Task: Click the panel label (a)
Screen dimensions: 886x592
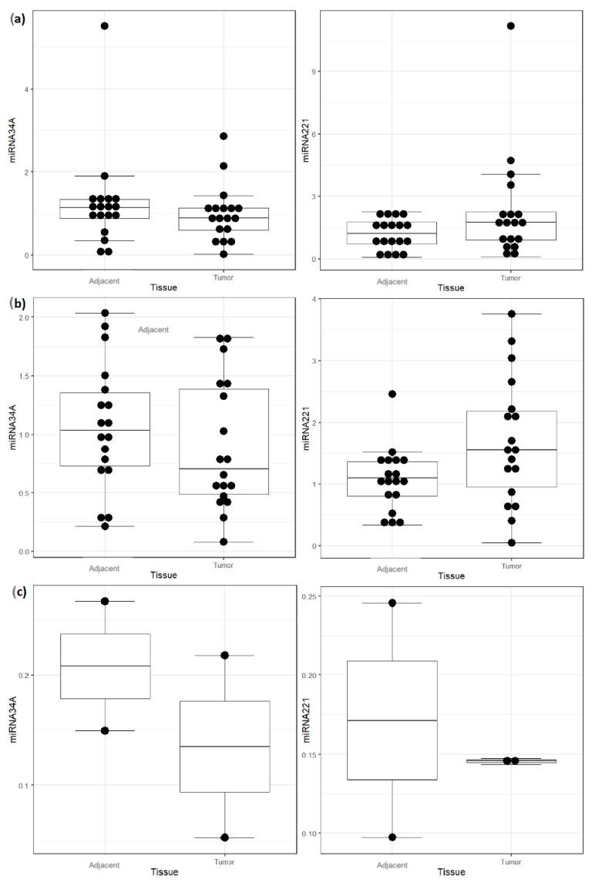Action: coord(15,19)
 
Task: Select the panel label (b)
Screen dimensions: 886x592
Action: coord(15,304)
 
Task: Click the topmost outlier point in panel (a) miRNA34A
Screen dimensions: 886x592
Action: coord(104,26)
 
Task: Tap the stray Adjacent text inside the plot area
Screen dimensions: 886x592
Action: coord(153,330)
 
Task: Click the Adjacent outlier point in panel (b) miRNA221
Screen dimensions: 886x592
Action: coord(392,394)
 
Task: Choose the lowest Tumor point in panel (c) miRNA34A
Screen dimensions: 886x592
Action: coord(224,837)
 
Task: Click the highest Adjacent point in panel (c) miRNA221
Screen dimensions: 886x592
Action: coord(392,602)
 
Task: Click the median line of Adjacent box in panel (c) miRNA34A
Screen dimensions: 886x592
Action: coord(104,666)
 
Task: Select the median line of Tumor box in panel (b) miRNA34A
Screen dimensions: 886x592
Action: coord(224,468)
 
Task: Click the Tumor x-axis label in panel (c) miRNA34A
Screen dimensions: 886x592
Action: coord(224,863)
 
